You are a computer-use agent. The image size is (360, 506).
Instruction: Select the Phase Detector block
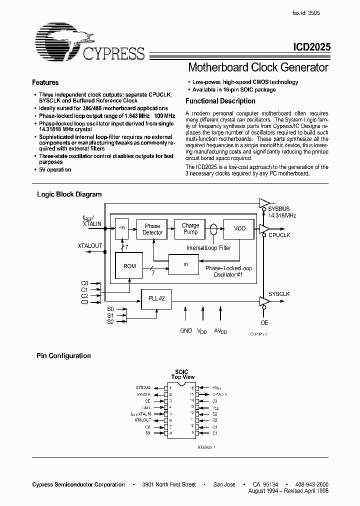tap(152, 229)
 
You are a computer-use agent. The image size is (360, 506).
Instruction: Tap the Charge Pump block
tap(190, 228)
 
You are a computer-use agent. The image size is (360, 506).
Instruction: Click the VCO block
tap(239, 228)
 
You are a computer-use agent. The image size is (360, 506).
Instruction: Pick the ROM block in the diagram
tap(129, 266)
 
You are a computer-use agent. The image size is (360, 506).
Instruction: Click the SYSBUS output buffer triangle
tap(263, 202)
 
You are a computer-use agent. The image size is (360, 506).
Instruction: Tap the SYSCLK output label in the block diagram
tap(279, 294)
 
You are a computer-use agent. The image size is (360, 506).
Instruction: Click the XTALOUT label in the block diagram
tap(89, 246)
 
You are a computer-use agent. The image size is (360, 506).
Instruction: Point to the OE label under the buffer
tap(264, 323)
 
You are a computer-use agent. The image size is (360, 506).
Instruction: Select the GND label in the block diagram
tap(186, 330)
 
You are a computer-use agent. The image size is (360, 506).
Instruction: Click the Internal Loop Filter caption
tap(209, 248)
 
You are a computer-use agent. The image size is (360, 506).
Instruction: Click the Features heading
tap(45, 82)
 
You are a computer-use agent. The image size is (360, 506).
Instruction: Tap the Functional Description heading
tap(220, 101)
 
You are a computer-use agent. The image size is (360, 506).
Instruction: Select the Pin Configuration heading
tap(63, 356)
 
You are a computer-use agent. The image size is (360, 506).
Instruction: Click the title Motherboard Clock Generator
tap(257, 67)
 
